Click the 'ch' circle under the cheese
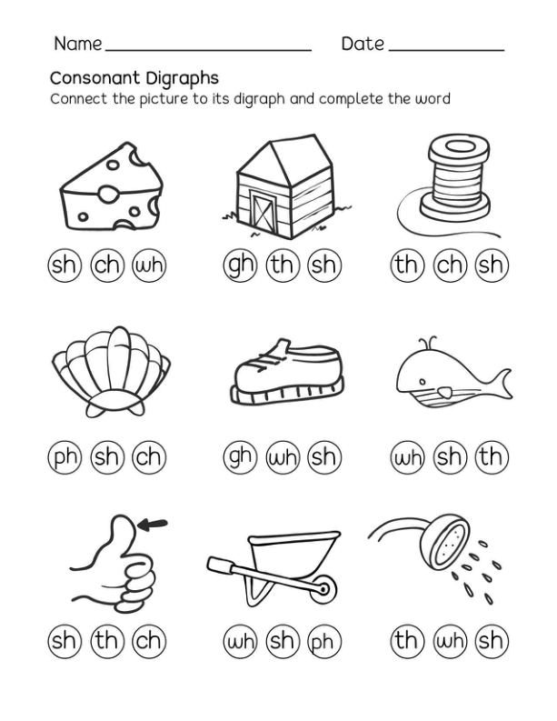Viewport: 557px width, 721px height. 107,265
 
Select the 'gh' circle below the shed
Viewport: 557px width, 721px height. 241,265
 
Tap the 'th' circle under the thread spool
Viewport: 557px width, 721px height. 407,265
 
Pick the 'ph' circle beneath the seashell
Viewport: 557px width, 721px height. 65,457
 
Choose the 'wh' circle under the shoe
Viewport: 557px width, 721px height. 283,457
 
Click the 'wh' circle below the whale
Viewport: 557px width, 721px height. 407,457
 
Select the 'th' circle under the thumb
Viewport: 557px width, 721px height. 107,640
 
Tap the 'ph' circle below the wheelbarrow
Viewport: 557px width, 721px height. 324,640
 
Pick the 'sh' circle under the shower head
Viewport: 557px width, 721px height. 492,640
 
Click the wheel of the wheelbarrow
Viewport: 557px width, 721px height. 323,589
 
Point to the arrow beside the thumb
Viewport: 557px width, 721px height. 153,524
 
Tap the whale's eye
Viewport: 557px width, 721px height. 422,382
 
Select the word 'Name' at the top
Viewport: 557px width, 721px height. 77,44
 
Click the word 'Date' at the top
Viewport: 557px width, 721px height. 363,44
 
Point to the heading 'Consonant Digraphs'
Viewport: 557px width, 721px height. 134,78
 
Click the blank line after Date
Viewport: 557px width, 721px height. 447,50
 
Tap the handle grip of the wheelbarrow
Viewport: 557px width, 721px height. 220,564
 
